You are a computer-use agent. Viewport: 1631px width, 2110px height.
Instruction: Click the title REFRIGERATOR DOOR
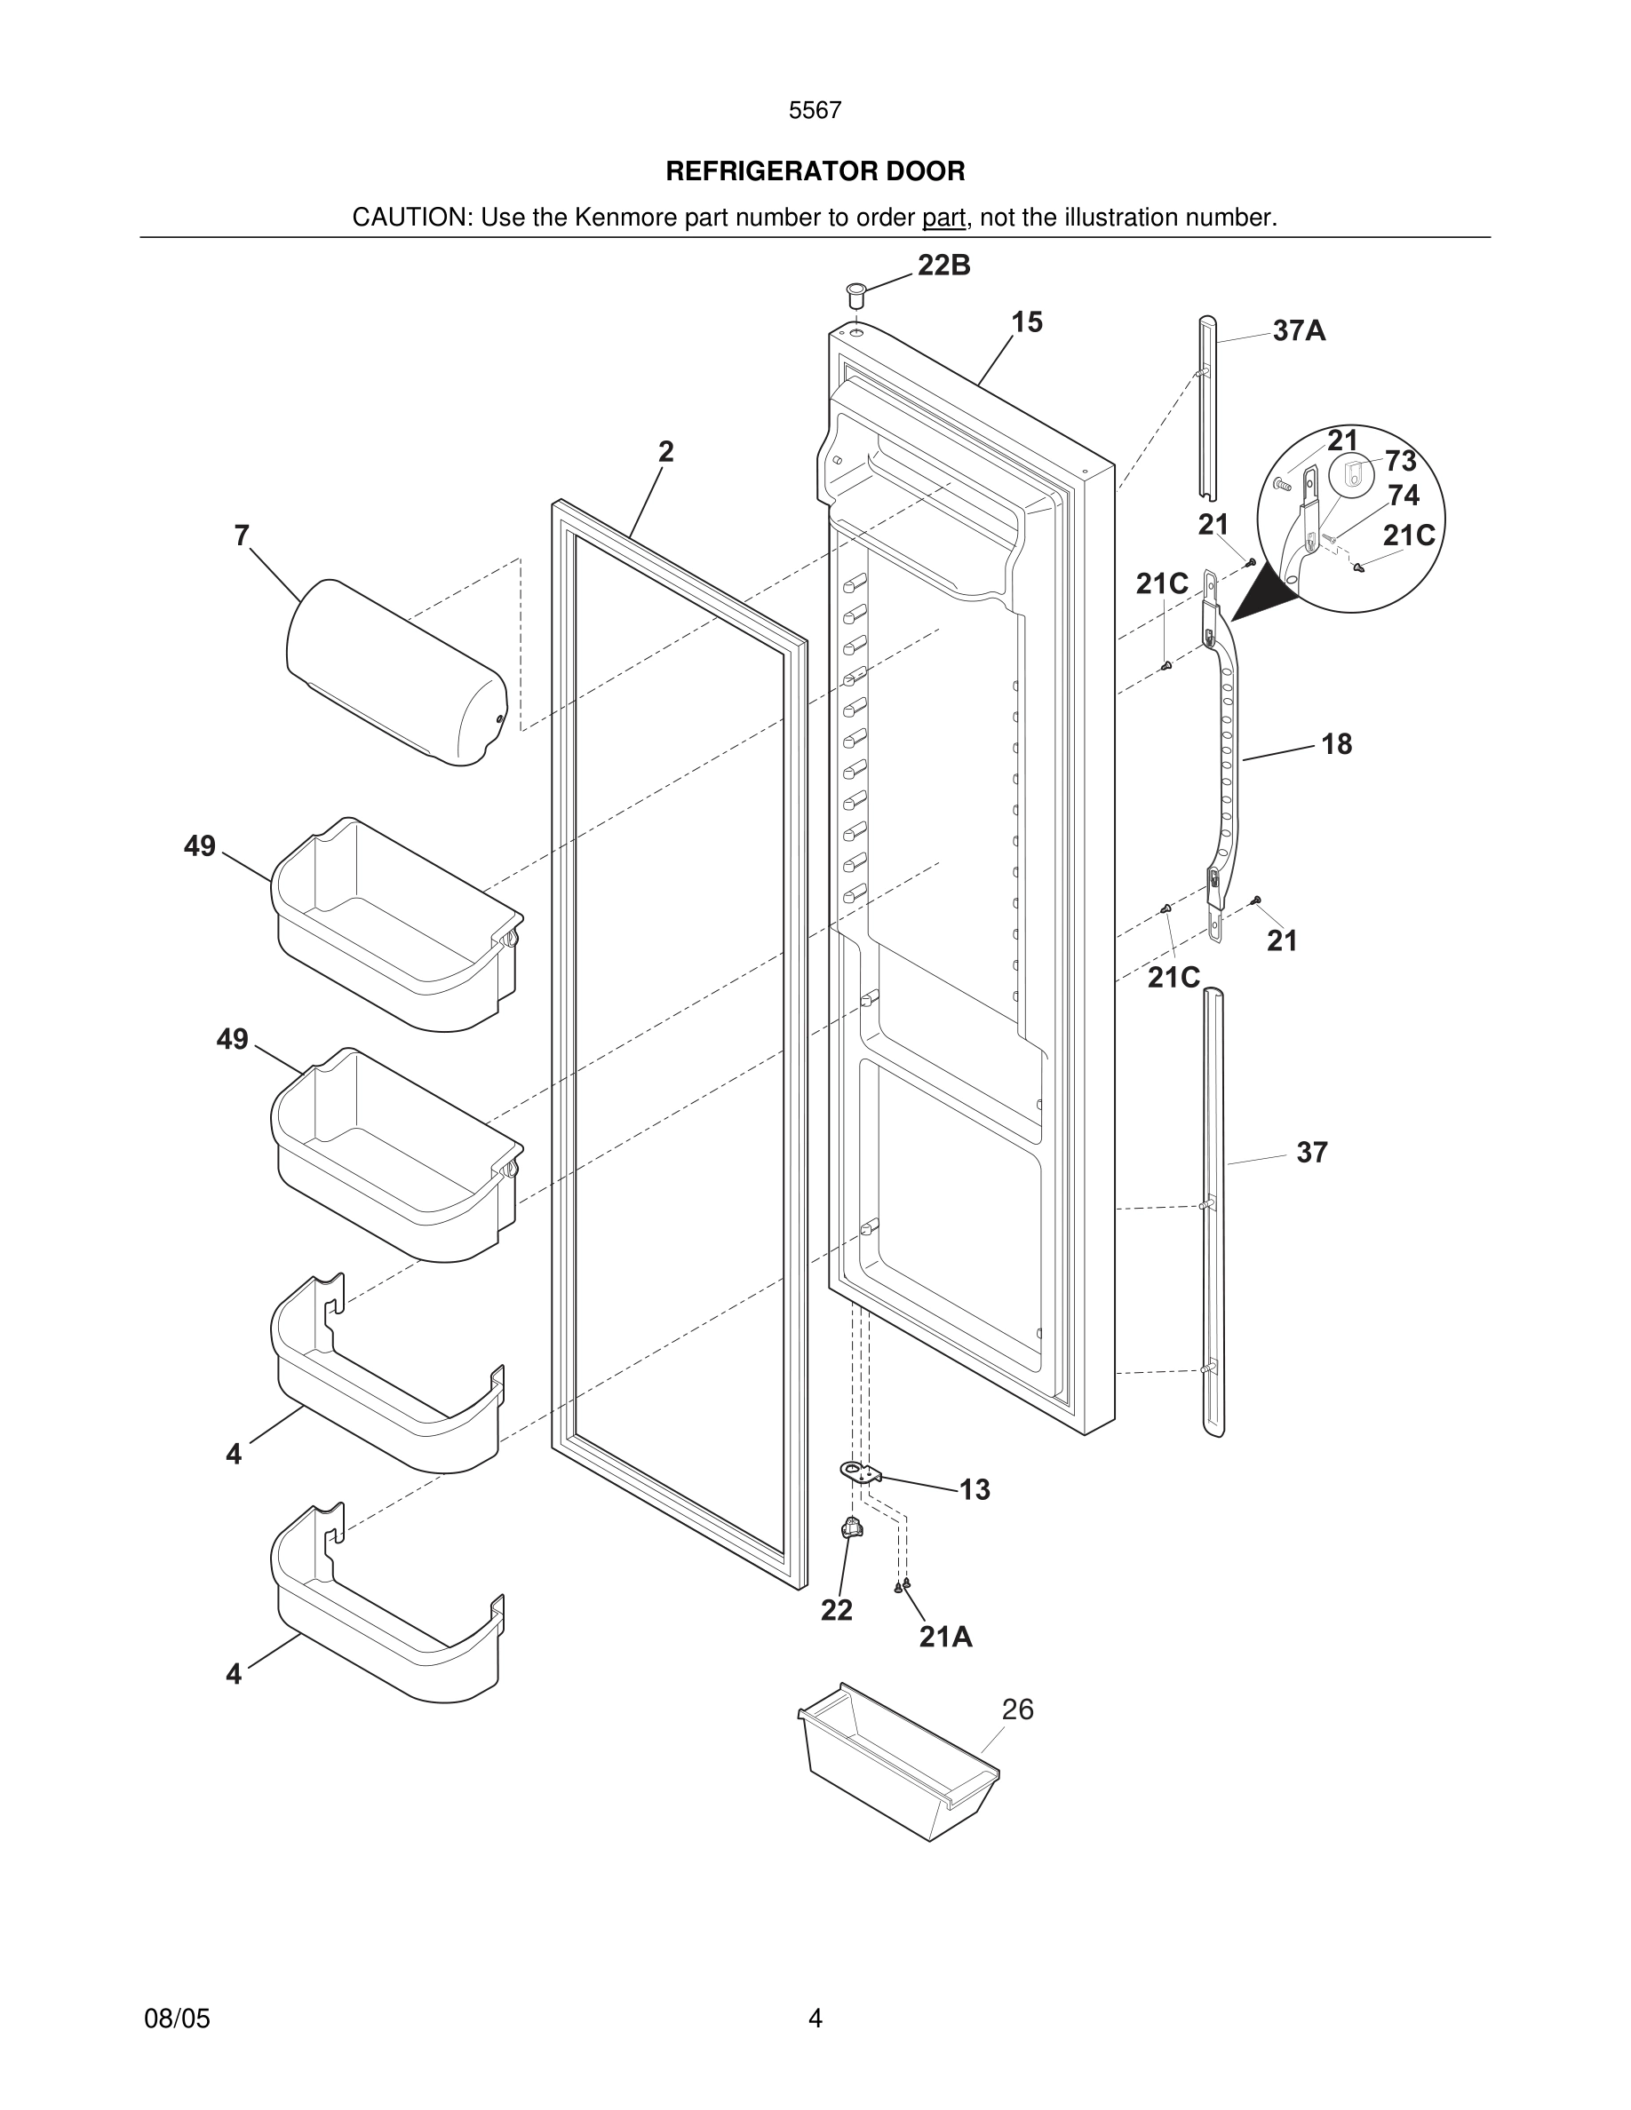point(815,172)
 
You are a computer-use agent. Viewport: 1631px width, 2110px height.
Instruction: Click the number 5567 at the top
point(815,111)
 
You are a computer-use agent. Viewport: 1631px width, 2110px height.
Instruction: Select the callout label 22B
point(944,266)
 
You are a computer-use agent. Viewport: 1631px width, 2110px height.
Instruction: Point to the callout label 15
point(1027,322)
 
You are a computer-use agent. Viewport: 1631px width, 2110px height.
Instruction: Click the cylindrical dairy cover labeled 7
point(396,672)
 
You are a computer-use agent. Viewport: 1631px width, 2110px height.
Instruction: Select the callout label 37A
point(1299,331)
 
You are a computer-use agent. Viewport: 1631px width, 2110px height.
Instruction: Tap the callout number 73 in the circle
point(1400,461)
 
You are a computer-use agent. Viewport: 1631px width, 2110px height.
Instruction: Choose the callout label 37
point(1311,1153)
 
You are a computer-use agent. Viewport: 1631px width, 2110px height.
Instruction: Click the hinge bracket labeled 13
point(861,1473)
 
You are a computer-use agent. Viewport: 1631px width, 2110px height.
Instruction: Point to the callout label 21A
point(945,1638)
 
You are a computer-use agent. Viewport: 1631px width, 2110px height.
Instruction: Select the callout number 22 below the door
point(837,1611)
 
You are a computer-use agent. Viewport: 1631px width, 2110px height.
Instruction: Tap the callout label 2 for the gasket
point(665,452)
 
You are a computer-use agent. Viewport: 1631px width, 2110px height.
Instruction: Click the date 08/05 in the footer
point(177,2019)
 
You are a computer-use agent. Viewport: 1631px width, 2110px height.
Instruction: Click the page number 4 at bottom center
point(815,2019)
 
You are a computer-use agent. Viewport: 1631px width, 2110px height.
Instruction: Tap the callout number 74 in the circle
point(1403,496)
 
